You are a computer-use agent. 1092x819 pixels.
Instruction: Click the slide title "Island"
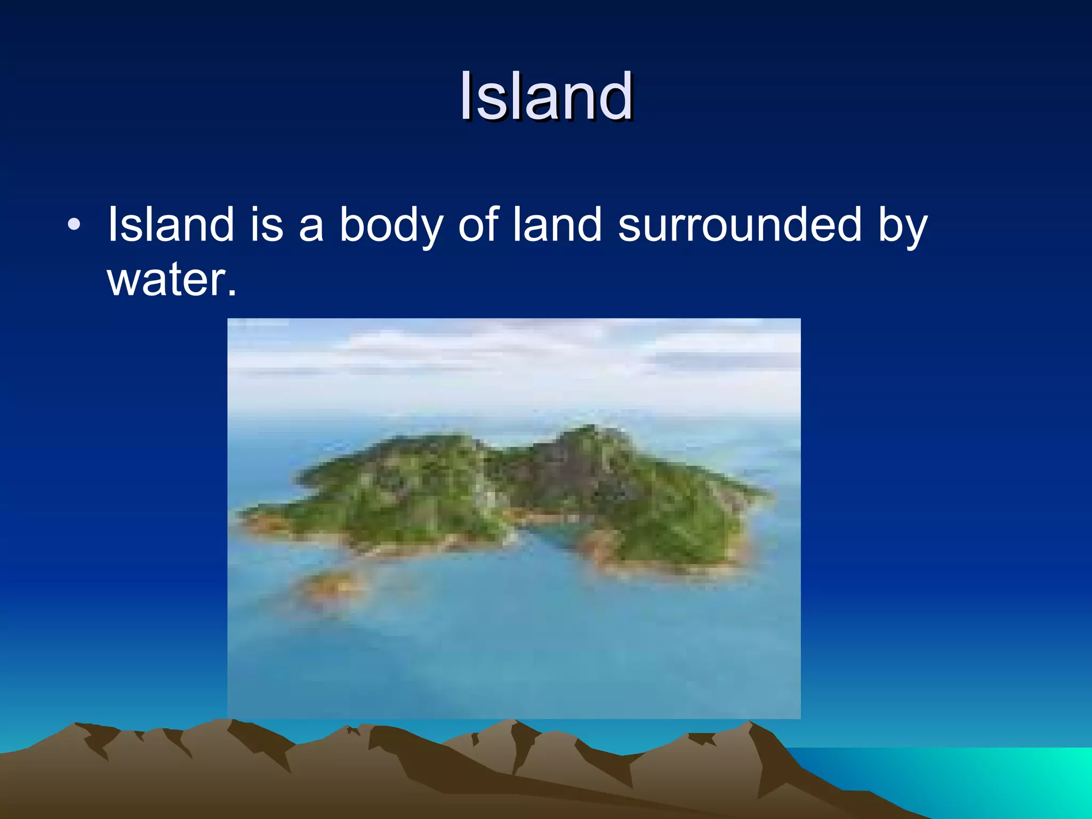(x=546, y=97)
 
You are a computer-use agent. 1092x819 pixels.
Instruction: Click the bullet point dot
(x=74, y=225)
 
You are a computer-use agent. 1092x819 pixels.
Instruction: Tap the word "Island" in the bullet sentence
(x=171, y=225)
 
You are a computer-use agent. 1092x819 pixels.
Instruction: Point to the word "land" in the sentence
(x=557, y=225)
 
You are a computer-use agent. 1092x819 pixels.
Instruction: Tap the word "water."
(x=172, y=280)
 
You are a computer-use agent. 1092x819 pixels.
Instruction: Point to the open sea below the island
(x=512, y=651)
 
